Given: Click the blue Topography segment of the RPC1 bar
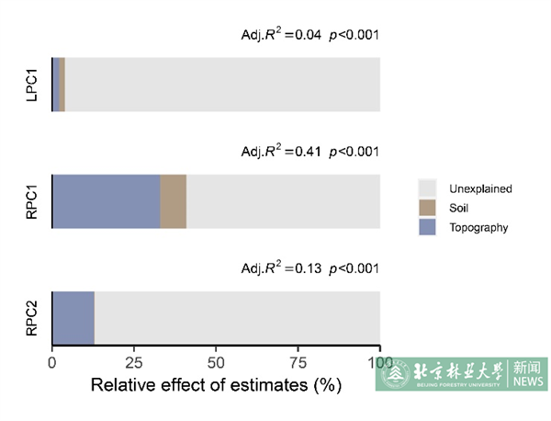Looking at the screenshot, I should (x=106, y=201).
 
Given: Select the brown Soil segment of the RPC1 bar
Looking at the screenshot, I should (x=174, y=201).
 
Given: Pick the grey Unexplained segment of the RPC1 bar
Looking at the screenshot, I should (x=283, y=201).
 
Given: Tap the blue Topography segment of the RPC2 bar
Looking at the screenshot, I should (x=73, y=318).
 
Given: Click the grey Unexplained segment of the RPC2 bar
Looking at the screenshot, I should (x=237, y=318).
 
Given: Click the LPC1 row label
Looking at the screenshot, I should (x=31, y=85).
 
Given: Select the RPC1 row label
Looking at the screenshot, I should (x=31, y=201).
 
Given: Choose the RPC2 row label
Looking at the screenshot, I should (x=31, y=318).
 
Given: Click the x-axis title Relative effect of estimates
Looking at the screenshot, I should (x=216, y=386).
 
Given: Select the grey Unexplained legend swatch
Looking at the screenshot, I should (x=427, y=188).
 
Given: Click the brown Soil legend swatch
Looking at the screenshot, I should (x=427, y=208).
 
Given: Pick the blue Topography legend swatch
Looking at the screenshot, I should (x=427, y=227).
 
